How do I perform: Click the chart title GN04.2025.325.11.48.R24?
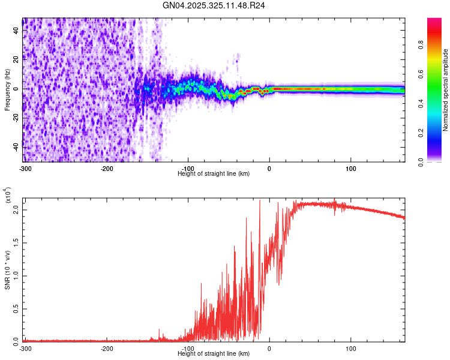click(x=214, y=5)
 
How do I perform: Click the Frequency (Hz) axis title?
click(x=7, y=90)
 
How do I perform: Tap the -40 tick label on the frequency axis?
click(x=16, y=147)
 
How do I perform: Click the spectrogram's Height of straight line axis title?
click(x=214, y=173)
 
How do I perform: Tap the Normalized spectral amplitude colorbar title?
click(x=446, y=90)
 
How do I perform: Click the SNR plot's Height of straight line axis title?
click(x=214, y=353)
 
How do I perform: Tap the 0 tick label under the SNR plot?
click(x=269, y=349)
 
